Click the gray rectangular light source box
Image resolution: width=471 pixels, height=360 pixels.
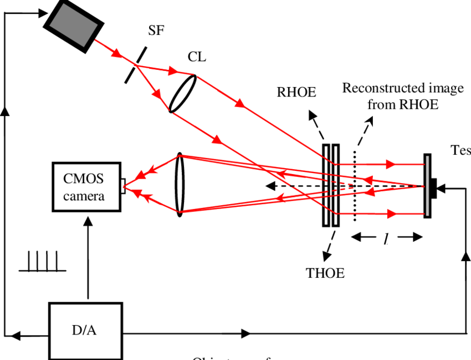coord(74,25)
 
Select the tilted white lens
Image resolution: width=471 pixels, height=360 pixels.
coord(182,93)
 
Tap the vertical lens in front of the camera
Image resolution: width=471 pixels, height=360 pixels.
coord(179,184)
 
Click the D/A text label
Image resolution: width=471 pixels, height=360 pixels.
coord(84,331)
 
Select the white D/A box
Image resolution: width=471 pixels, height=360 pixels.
coord(85,331)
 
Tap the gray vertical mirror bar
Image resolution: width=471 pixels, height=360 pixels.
coord(427,185)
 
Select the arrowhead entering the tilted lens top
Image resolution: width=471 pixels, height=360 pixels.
coord(173,71)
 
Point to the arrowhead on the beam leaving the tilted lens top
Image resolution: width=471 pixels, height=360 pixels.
coord(240,104)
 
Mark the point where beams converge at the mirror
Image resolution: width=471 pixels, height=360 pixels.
coord(423,186)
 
